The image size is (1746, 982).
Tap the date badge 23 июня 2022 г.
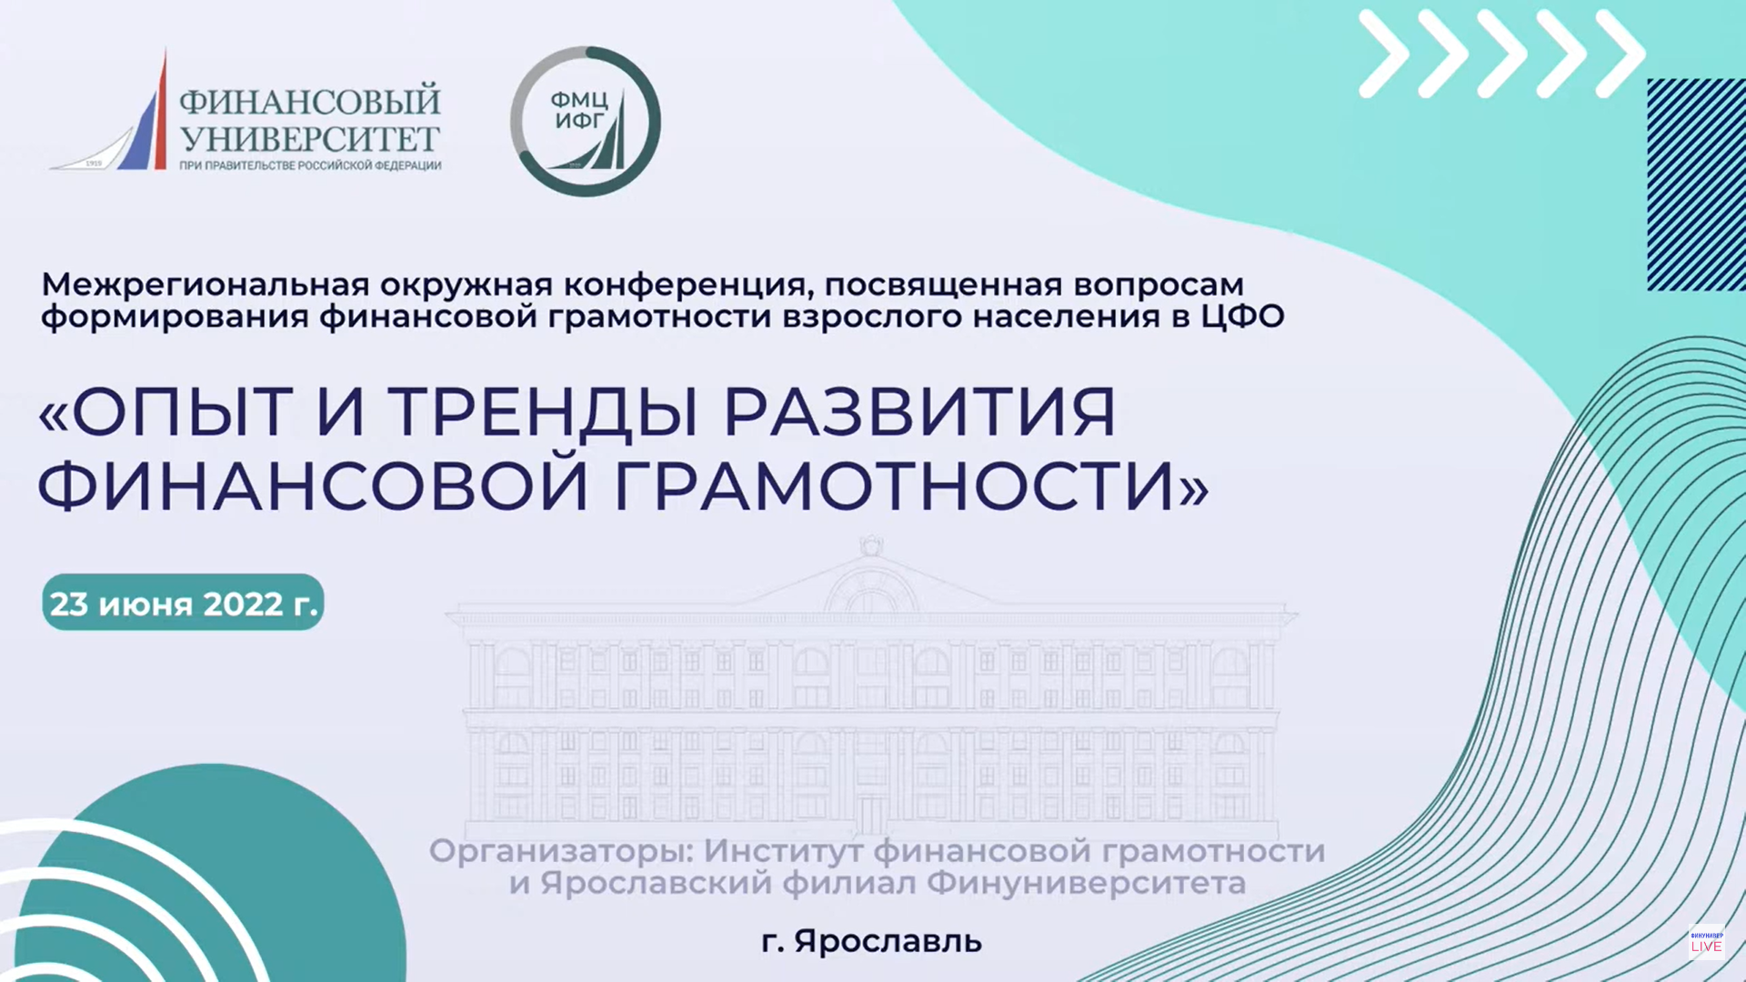coord(183,602)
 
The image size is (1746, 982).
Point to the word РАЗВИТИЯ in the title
coord(919,413)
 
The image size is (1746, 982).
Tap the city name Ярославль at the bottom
coord(888,941)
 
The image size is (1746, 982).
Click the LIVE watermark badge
coord(1706,942)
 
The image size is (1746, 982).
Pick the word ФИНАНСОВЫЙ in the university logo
coord(309,101)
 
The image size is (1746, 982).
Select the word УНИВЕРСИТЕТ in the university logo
coord(309,139)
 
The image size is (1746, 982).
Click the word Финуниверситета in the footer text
coord(1086,883)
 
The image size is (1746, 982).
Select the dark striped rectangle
coord(1696,185)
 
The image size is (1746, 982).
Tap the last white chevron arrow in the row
coord(1620,54)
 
